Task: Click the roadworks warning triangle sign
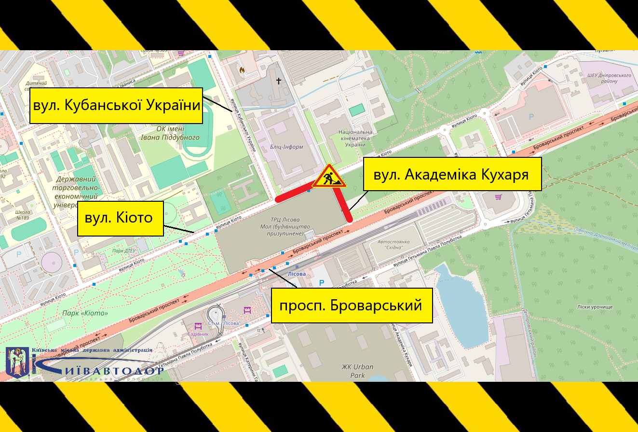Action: pyautogui.click(x=329, y=177)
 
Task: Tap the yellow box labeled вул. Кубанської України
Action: pyautogui.click(x=116, y=106)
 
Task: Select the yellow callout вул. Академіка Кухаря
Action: pyautogui.click(x=452, y=174)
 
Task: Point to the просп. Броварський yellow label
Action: pyautogui.click(x=352, y=305)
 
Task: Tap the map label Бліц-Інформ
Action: pyautogui.click(x=287, y=147)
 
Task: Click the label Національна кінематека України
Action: pyautogui.click(x=355, y=138)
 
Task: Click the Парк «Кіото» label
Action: pyautogui.click(x=85, y=313)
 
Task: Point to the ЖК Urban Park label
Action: pyautogui.click(x=357, y=371)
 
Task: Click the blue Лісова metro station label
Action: pyautogui.click(x=297, y=274)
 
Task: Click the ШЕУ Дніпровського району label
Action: pyautogui.click(x=609, y=78)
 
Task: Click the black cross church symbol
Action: pyautogui.click(x=278, y=81)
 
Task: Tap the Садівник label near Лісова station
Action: pyautogui.click(x=197, y=334)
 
